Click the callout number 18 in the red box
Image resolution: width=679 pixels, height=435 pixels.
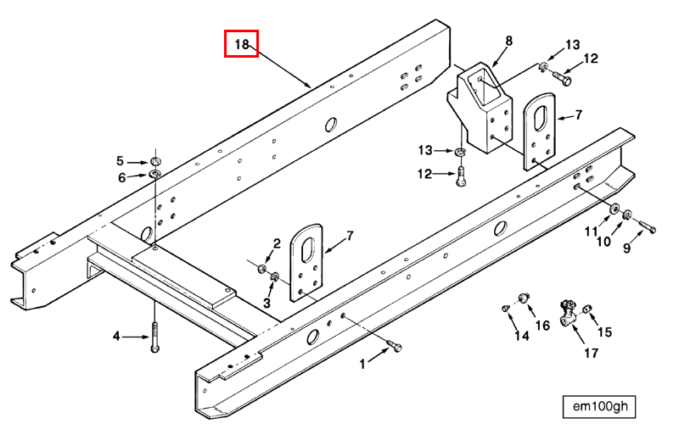[x=241, y=44]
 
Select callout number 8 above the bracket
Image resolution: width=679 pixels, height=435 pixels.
[x=509, y=41]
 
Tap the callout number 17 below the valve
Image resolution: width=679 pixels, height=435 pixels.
[x=588, y=353]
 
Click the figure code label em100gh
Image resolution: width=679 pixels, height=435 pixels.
[x=599, y=407]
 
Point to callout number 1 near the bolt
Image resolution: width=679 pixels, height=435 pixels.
[x=363, y=364]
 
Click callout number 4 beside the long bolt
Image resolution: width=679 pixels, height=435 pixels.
[x=117, y=337]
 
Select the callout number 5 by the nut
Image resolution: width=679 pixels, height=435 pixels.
[x=121, y=160]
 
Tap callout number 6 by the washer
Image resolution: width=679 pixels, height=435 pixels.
[x=121, y=177]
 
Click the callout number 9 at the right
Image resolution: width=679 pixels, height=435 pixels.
[x=627, y=248]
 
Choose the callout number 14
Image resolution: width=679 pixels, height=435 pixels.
[x=521, y=336]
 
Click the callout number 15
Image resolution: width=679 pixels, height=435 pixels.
[x=604, y=332]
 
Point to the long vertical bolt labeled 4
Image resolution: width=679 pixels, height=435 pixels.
[x=154, y=336]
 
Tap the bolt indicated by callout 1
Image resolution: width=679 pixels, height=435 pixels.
[x=393, y=347]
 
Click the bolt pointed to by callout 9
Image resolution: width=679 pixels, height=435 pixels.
[x=647, y=227]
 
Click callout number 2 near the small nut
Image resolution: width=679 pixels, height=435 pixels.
[x=276, y=244]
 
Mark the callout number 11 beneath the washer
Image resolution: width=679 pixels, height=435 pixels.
[x=590, y=231]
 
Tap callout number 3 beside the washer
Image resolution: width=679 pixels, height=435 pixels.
[x=267, y=302]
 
